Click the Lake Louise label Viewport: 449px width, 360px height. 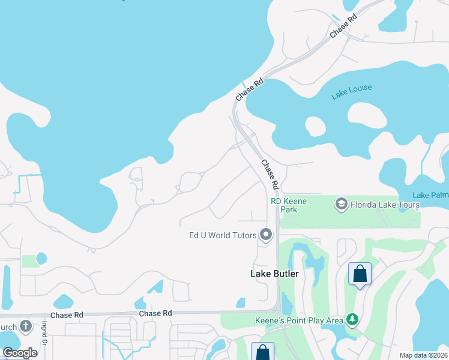(352, 92)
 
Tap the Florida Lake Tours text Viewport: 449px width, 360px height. (385, 205)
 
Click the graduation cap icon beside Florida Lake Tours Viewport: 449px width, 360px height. (342, 205)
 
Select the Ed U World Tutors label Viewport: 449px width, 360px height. (221, 235)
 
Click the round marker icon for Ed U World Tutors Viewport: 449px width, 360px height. (266, 235)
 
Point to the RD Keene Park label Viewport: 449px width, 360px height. (292, 205)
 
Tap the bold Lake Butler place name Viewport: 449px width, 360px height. (274, 274)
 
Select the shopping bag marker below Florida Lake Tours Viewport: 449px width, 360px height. (360, 274)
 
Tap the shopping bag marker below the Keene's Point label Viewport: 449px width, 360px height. (262, 352)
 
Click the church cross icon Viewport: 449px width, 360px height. (25, 326)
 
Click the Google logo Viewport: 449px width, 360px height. (20, 352)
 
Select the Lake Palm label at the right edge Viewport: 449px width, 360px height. (430, 196)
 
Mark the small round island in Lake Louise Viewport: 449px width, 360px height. (315, 126)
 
